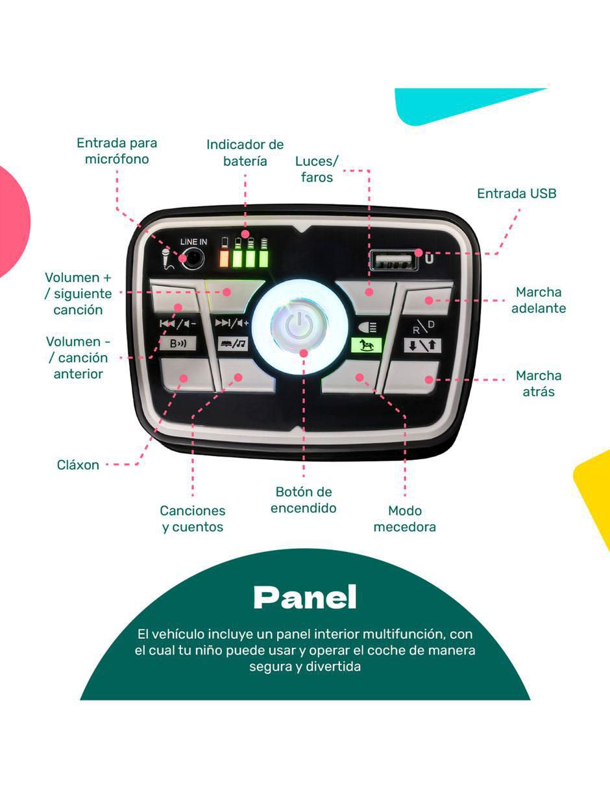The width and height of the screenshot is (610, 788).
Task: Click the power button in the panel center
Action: pyautogui.click(x=299, y=326)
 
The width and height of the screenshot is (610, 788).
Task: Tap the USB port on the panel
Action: pyautogui.click(x=394, y=261)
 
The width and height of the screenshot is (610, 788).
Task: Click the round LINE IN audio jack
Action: pyautogui.click(x=192, y=259)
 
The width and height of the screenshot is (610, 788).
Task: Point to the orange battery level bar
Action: pyautogui.click(x=224, y=259)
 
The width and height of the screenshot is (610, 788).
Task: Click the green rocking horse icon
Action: pyautogui.click(x=366, y=345)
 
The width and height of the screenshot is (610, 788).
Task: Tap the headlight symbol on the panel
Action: pyautogui.click(x=367, y=328)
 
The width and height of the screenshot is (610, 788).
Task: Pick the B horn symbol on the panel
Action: pyautogui.click(x=178, y=343)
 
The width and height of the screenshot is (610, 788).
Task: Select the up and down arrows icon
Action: pyautogui.click(x=422, y=345)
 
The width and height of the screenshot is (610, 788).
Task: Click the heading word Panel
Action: pyautogui.click(x=304, y=597)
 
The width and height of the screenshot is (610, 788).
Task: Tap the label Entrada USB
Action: pyautogui.click(x=517, y=194)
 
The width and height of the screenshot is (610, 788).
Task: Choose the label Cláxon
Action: pyautogui.click(x=78, y=464)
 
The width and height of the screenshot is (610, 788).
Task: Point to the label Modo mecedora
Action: pyautogui.click(x=405, y=519)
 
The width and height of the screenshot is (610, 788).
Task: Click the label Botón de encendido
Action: pyautogui.click(x=304, y=499)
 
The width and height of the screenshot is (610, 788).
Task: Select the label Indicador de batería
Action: pyautogui.click(x=245, y=152)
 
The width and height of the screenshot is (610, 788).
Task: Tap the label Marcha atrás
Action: pyautogui.click(x=539, y=383)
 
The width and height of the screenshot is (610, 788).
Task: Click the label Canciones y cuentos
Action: pyautogui.click(x=193, y=519)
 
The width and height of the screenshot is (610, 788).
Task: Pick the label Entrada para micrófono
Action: pyautogui.click(x=117, y=151)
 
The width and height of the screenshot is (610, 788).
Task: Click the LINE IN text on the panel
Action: pyautogui.click(x=193, y=242)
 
